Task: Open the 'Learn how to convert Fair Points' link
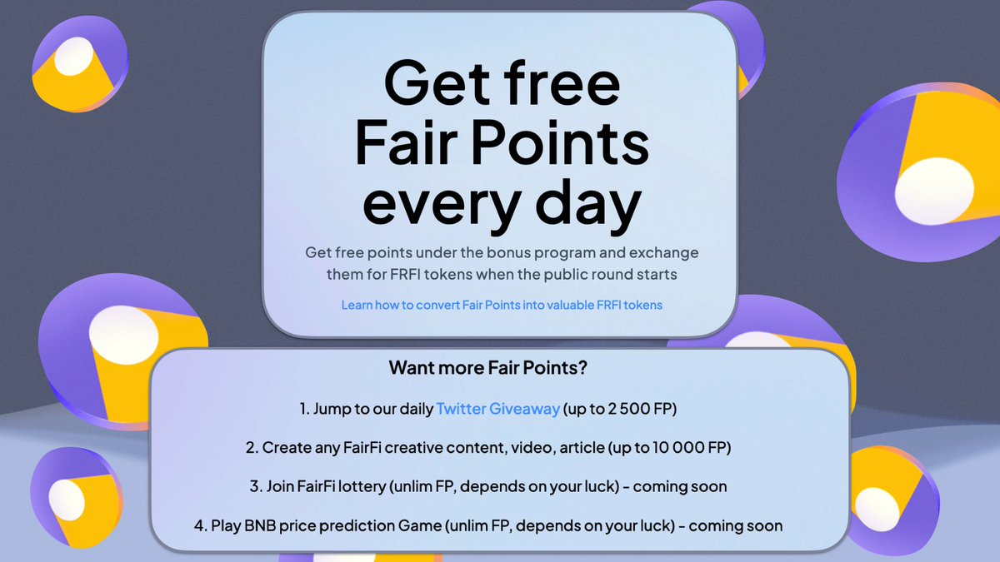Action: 502,306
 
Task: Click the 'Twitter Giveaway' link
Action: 497,409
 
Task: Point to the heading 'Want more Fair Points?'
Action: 500,367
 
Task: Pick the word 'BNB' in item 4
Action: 266,525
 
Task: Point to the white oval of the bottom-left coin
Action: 67,497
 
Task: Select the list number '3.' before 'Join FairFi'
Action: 256,486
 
